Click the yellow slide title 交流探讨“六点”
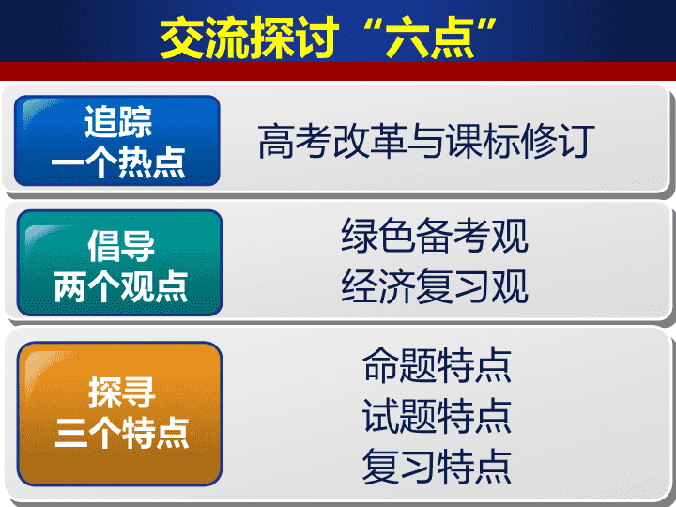(x=329, y=38)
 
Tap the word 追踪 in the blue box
(x=117, y=122)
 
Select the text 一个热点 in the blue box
(x=118, y=162)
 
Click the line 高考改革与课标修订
(x=426, y=141)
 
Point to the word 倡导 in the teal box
(x=121, y=245)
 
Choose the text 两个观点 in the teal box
(x=120, y=286)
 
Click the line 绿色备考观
(x=435, y=236)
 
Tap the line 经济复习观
(x=435, y=285)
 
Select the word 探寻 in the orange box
(x=121, y=392)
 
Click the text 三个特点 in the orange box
(x=121, y=433)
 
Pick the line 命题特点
(x=437, y=365)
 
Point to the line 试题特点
(x=437, y=416)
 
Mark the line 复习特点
(x=437, y=466)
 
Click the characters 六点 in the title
(x=430, y=38)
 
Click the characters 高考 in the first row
(x=295, y=141)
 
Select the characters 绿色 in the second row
(x=378, y=236)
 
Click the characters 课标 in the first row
(x=483, y=141)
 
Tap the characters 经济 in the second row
(x=378, y=285)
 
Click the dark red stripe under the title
(x=338, y=71)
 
